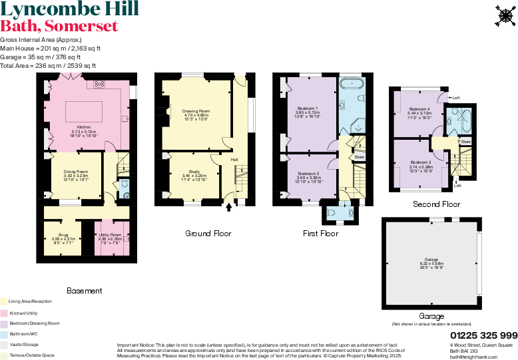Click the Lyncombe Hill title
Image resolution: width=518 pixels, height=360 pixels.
tap(70, 9)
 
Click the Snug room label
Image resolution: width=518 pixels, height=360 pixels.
tap(63, 236)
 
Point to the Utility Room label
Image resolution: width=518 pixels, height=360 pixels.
tap(110, 235)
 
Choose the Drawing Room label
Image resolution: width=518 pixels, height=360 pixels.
tap(196, 111)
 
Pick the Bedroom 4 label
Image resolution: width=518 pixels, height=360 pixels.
tap(419, 108)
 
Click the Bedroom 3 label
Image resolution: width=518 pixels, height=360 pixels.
tap(421, 162)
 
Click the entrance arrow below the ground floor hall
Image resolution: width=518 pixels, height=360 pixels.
tap(230, 208)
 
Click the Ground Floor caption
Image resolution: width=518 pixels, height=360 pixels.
tap(208, 234)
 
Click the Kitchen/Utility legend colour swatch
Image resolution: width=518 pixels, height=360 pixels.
tap(3, 312)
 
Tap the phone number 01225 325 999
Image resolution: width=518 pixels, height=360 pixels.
tap(483, 335)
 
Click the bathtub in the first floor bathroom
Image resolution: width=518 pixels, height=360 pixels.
tap(352, 85)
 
